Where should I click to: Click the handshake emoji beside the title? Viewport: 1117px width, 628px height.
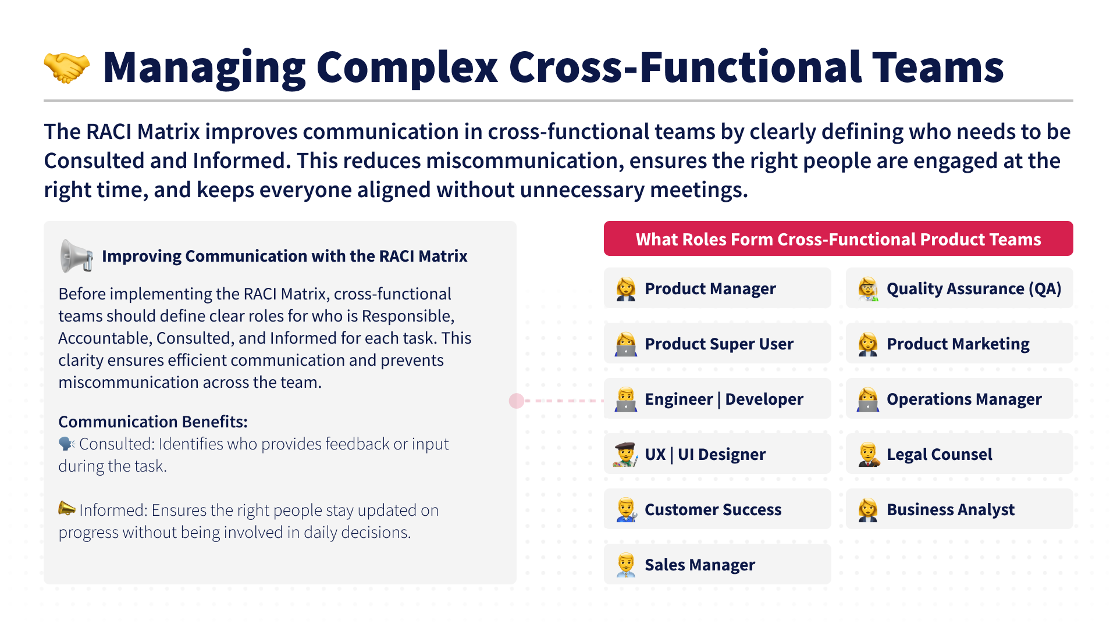click(x=67, y=67)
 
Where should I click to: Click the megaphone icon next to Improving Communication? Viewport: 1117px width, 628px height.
click(x=76, y=256)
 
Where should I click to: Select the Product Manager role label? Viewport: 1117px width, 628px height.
click(x=710, y=288)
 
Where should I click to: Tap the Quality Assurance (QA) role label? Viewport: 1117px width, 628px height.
click(x=973, y=288)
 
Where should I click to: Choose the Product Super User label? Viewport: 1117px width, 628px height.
click(x=718, y=344)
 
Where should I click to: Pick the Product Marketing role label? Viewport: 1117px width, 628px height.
click(x=958, y=344)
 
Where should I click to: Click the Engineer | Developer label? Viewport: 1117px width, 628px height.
click(x=724, y=399)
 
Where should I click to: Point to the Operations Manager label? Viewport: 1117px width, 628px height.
click(x=964, y=399)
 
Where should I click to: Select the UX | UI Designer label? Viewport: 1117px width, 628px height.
click(x=705, y=454)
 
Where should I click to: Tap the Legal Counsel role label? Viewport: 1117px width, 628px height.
click(x=939, y=454)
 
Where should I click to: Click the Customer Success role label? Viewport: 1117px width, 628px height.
click(x=713, y=509)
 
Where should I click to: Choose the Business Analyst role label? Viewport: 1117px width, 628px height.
click(x=950, y=509)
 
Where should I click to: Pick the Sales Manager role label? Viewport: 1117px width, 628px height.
click(x=699, y=565)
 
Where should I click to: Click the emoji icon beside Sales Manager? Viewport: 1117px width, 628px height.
click(x=626, y=565)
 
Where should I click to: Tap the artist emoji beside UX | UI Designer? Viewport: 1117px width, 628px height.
click(x=626, y=454)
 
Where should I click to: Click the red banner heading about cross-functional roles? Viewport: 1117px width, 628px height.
click(x=838, y=239)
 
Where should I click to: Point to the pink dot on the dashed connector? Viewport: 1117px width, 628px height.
click(x=517, y=401)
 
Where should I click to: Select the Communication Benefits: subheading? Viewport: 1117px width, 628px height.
click(x=153, y=422)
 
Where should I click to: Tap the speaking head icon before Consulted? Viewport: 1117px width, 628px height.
click(x=67, y=444)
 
